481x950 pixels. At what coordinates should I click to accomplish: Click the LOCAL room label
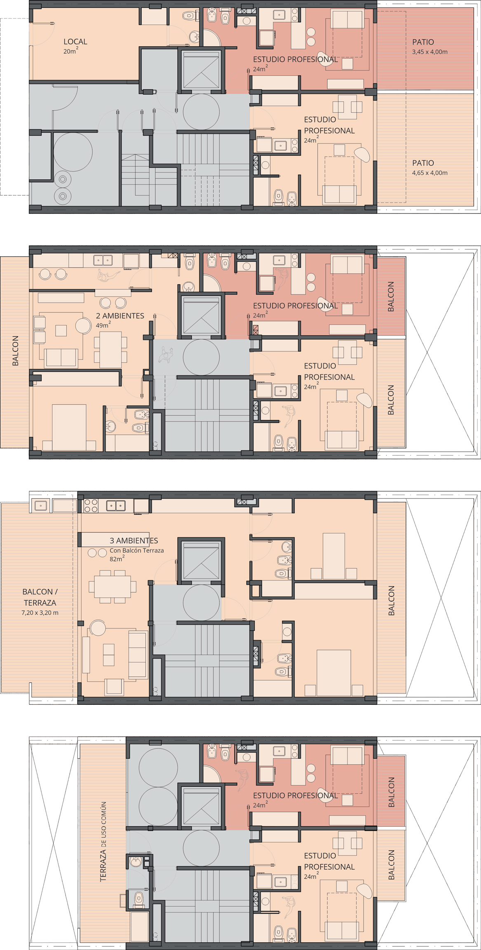75,42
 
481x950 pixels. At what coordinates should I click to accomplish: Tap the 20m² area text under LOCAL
70,51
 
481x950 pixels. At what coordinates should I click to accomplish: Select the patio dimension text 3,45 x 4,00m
429,52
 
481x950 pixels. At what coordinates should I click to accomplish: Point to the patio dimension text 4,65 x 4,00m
429,173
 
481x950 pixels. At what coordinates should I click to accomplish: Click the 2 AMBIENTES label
120,316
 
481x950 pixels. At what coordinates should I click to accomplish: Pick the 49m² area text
103,325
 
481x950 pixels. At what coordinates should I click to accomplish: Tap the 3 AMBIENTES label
134,540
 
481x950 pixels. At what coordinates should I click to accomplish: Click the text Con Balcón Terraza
137,550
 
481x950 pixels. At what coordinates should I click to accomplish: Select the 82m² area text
117,558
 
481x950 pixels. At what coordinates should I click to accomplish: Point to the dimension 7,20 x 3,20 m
40,612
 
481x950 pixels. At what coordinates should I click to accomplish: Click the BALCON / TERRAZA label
40,597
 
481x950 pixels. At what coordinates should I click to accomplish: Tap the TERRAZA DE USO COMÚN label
103,842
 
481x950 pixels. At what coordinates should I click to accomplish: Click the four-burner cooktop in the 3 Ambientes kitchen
91,506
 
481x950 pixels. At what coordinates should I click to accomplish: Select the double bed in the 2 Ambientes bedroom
69,427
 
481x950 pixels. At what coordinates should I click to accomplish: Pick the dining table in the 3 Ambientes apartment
113,586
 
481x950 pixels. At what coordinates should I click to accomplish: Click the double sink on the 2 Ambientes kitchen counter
103,260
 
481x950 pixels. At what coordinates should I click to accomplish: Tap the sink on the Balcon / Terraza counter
40,505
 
